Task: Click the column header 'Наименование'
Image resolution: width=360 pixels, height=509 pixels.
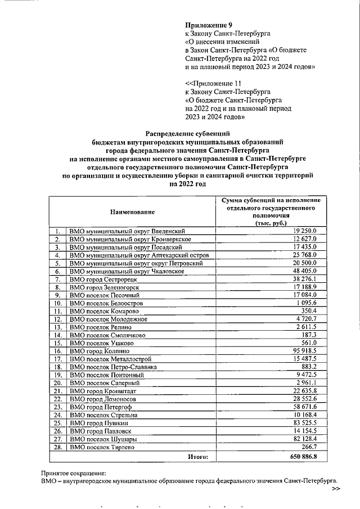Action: tap(132, 211)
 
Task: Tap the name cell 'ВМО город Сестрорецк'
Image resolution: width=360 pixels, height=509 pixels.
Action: tap(103, 279)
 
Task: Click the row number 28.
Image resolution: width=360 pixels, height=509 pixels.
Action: tap(57, 447)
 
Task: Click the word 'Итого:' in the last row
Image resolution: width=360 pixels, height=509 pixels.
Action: tap(197, 457)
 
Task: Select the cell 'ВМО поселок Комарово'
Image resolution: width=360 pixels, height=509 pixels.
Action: tap(101, 310)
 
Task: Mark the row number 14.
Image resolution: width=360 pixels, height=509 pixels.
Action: tap(57, 334)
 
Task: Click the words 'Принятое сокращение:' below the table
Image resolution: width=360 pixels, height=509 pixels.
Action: tap(73, 473)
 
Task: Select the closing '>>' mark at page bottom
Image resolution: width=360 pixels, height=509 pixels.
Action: tap(336, 489)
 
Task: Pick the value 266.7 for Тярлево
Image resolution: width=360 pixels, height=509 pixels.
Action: tap(309, 447)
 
